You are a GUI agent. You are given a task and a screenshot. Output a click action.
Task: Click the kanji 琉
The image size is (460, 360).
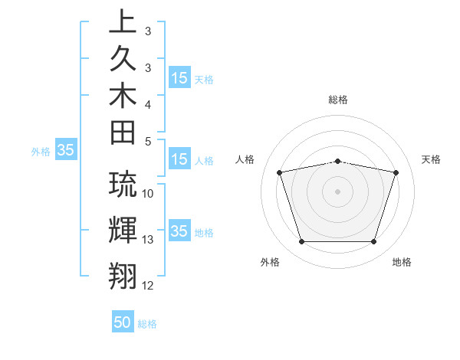(123, 185)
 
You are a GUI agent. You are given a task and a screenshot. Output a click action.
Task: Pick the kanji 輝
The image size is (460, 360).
(123, 229)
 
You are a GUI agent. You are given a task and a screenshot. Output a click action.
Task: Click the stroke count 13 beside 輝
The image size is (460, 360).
(148, 240)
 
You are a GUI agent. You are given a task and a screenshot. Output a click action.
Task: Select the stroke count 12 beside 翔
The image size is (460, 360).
(148, 286)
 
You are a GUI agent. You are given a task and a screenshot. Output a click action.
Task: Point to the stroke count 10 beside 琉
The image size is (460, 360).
(148, 194)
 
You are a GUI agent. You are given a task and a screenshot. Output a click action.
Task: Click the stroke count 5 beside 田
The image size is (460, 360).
(148, 141)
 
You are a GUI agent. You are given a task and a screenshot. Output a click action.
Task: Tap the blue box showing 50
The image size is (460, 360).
(123, 322)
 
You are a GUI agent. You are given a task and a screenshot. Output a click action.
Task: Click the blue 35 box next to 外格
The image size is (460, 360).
(66, 151)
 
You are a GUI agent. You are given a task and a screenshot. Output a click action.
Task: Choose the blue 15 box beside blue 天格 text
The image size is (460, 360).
(179, 77)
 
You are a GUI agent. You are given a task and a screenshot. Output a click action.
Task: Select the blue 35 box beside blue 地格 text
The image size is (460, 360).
(179, 231)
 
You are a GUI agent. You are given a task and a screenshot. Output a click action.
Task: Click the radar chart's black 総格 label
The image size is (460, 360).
(337, 100)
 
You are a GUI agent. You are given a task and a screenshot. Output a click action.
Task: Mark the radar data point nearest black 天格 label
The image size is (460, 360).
(396, 173)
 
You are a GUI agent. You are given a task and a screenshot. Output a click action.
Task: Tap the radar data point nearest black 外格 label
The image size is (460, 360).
(301, 242)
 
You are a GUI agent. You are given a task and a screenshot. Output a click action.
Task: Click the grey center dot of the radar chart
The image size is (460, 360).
(337, 191)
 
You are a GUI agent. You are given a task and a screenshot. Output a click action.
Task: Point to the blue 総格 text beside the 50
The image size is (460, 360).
(147, 324)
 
